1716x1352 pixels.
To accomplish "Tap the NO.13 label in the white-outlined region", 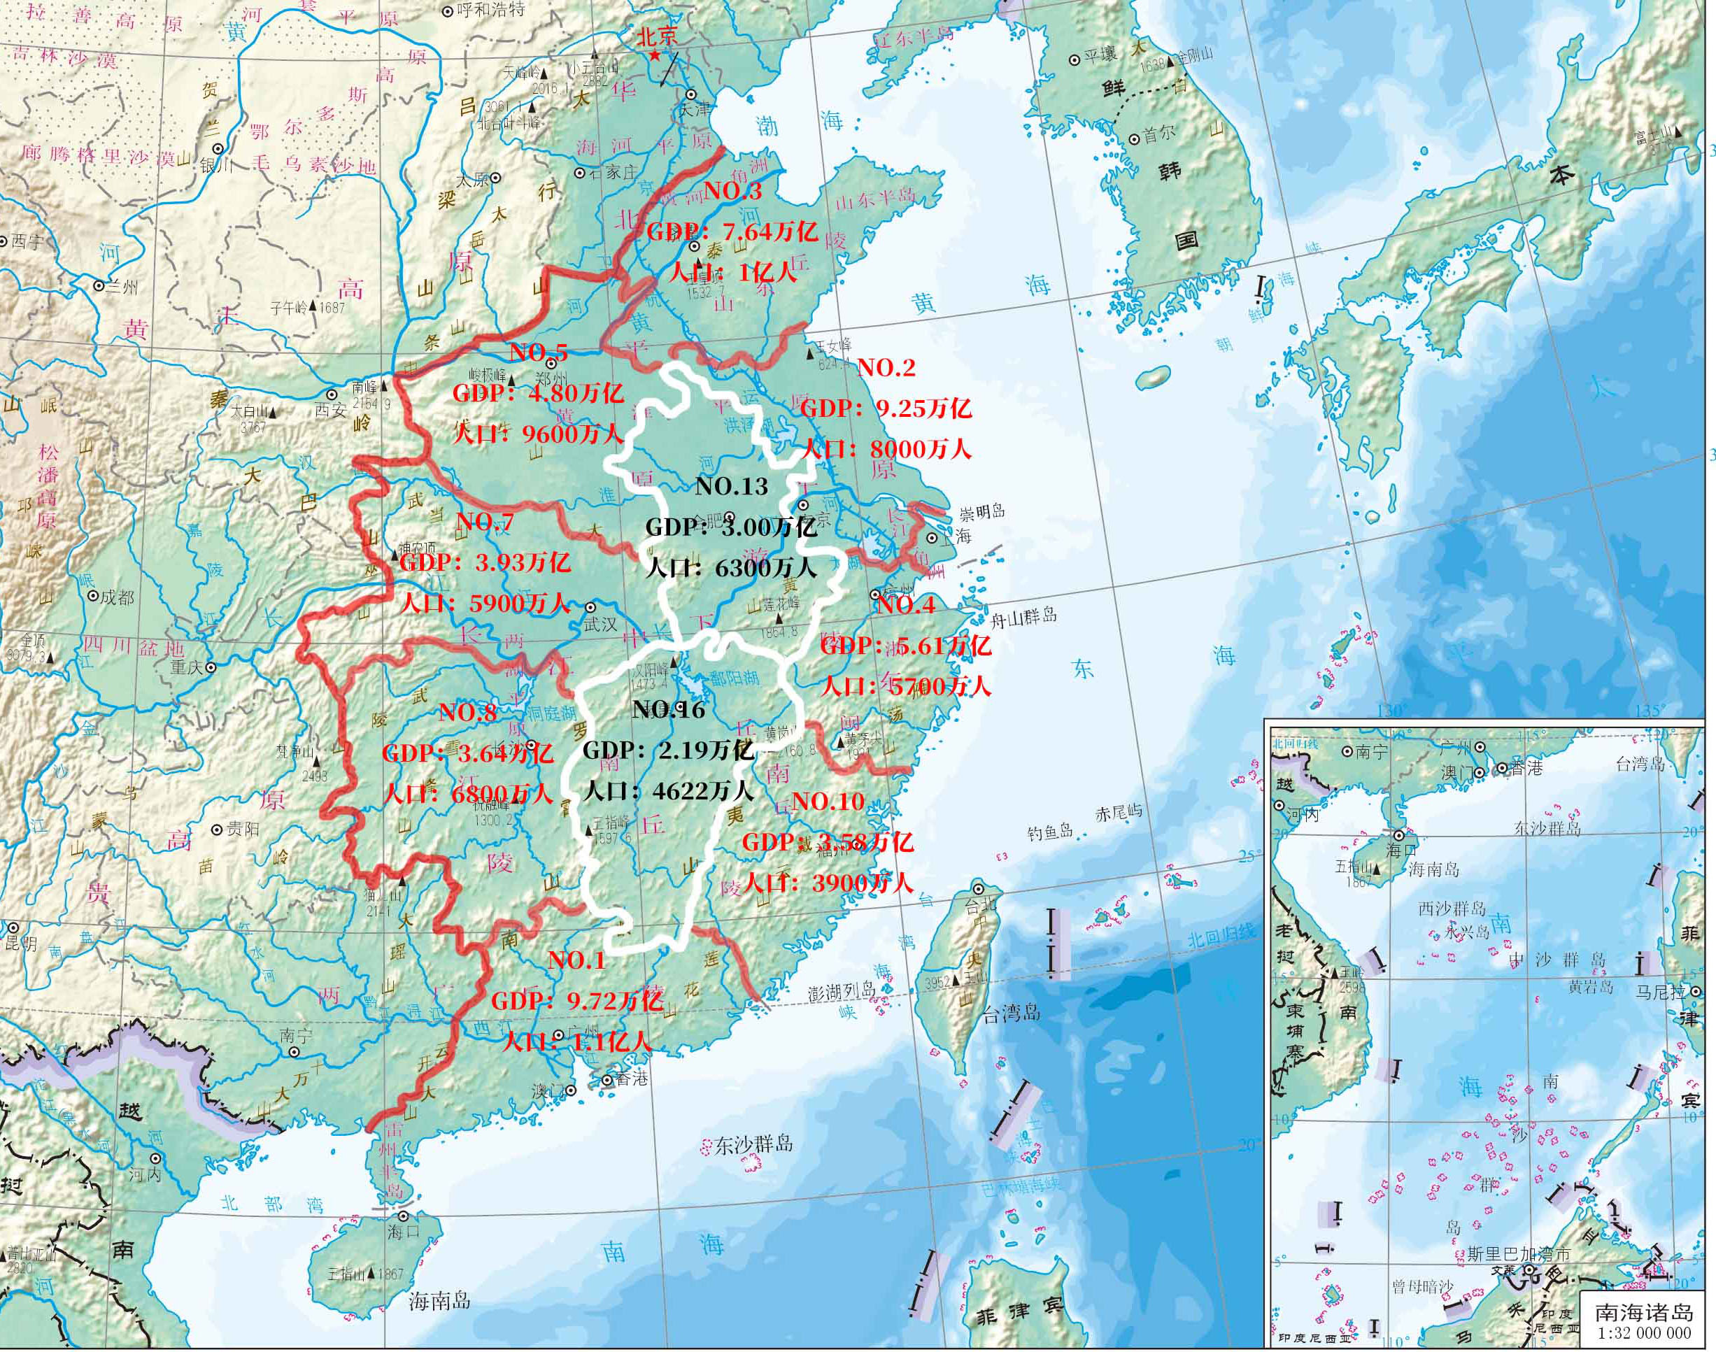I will click(x=730, y=486).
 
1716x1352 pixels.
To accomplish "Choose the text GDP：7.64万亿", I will click(x=731, y=232).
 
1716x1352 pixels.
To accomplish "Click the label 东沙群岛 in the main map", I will click(x=753, y=1144).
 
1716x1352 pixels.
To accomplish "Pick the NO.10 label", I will click(x=827, y=802).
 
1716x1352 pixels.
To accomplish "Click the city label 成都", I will click(x=116, y=597).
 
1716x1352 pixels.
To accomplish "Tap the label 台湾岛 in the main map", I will click(x=1011, y=1012).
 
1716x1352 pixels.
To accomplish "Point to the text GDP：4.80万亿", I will click(x=537, y=393).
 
